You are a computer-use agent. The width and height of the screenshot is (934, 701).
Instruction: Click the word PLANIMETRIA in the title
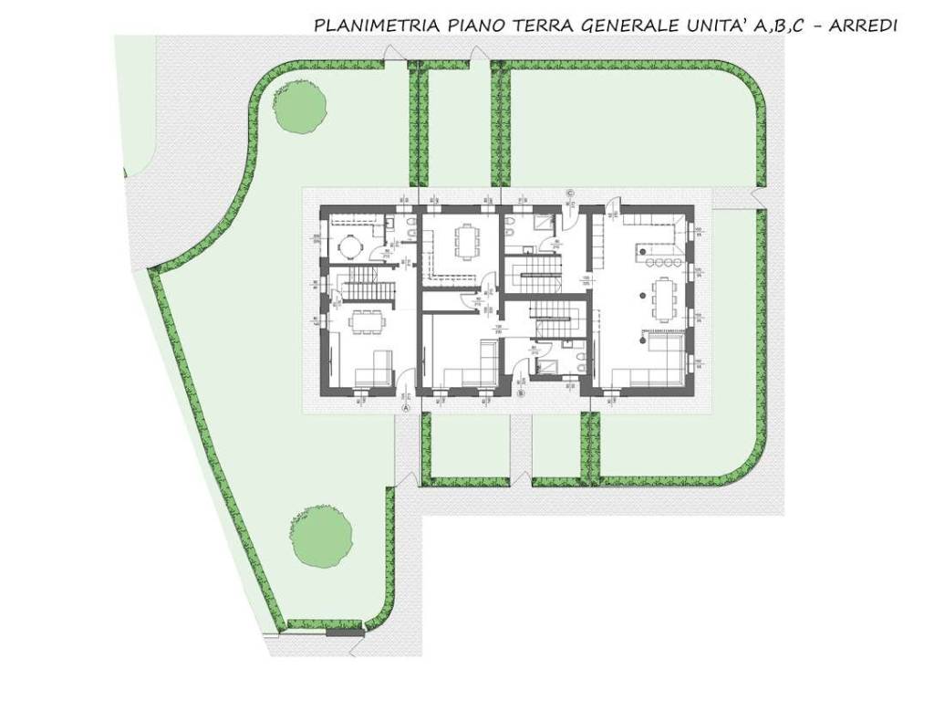pyautogui.click(x=377, y=26)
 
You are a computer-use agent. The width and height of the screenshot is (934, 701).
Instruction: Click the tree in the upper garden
pyautogui.click(x=300, y=106)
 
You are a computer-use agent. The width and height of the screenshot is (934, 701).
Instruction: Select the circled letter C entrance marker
pyautogui.click(x=570, y=194)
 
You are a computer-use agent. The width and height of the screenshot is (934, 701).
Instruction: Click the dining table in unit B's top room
pyautogui.click(x=466, y=241)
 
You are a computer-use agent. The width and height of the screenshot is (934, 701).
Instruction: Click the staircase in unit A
pyautogui.click(x=365, y=279)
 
